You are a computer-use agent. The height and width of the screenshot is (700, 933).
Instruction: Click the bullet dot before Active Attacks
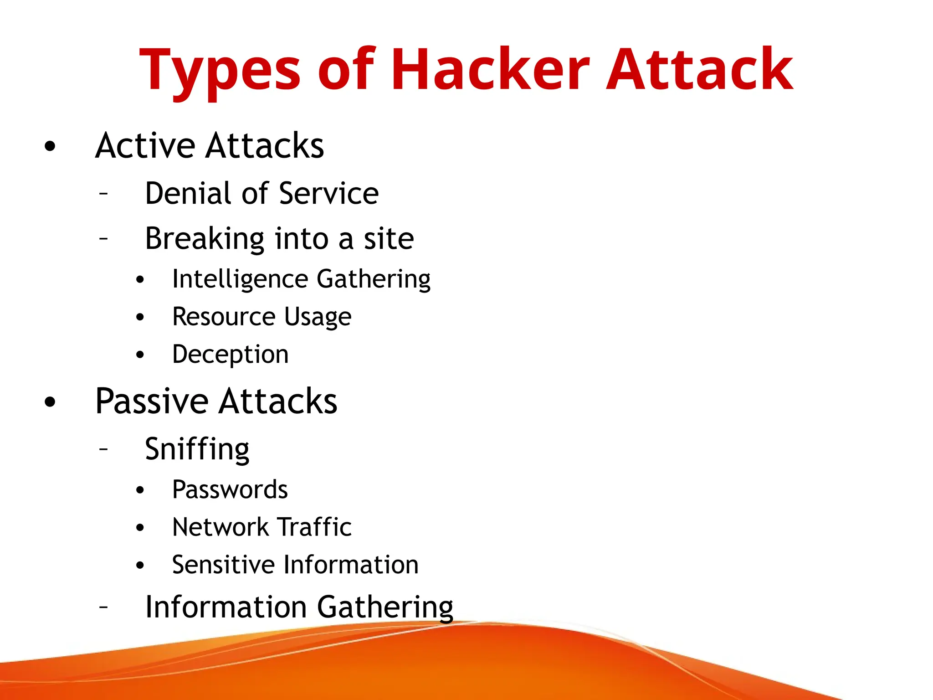[50, 146]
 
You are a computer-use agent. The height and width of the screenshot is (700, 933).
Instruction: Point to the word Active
[145, 145]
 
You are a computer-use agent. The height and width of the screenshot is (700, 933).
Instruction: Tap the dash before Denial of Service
[104, 194]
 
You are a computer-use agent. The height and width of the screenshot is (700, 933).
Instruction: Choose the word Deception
[230, 355]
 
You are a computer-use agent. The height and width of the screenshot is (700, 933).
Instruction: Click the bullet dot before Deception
[140, 355]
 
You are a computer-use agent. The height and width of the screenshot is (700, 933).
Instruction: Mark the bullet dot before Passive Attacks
[50, 402]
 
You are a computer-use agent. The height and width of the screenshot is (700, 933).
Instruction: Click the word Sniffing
[197, 449]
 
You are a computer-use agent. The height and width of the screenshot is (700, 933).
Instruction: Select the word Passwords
[230, 490]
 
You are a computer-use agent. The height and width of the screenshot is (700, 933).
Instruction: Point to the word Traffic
[314, 527]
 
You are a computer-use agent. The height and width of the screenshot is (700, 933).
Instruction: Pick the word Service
[328, 193]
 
